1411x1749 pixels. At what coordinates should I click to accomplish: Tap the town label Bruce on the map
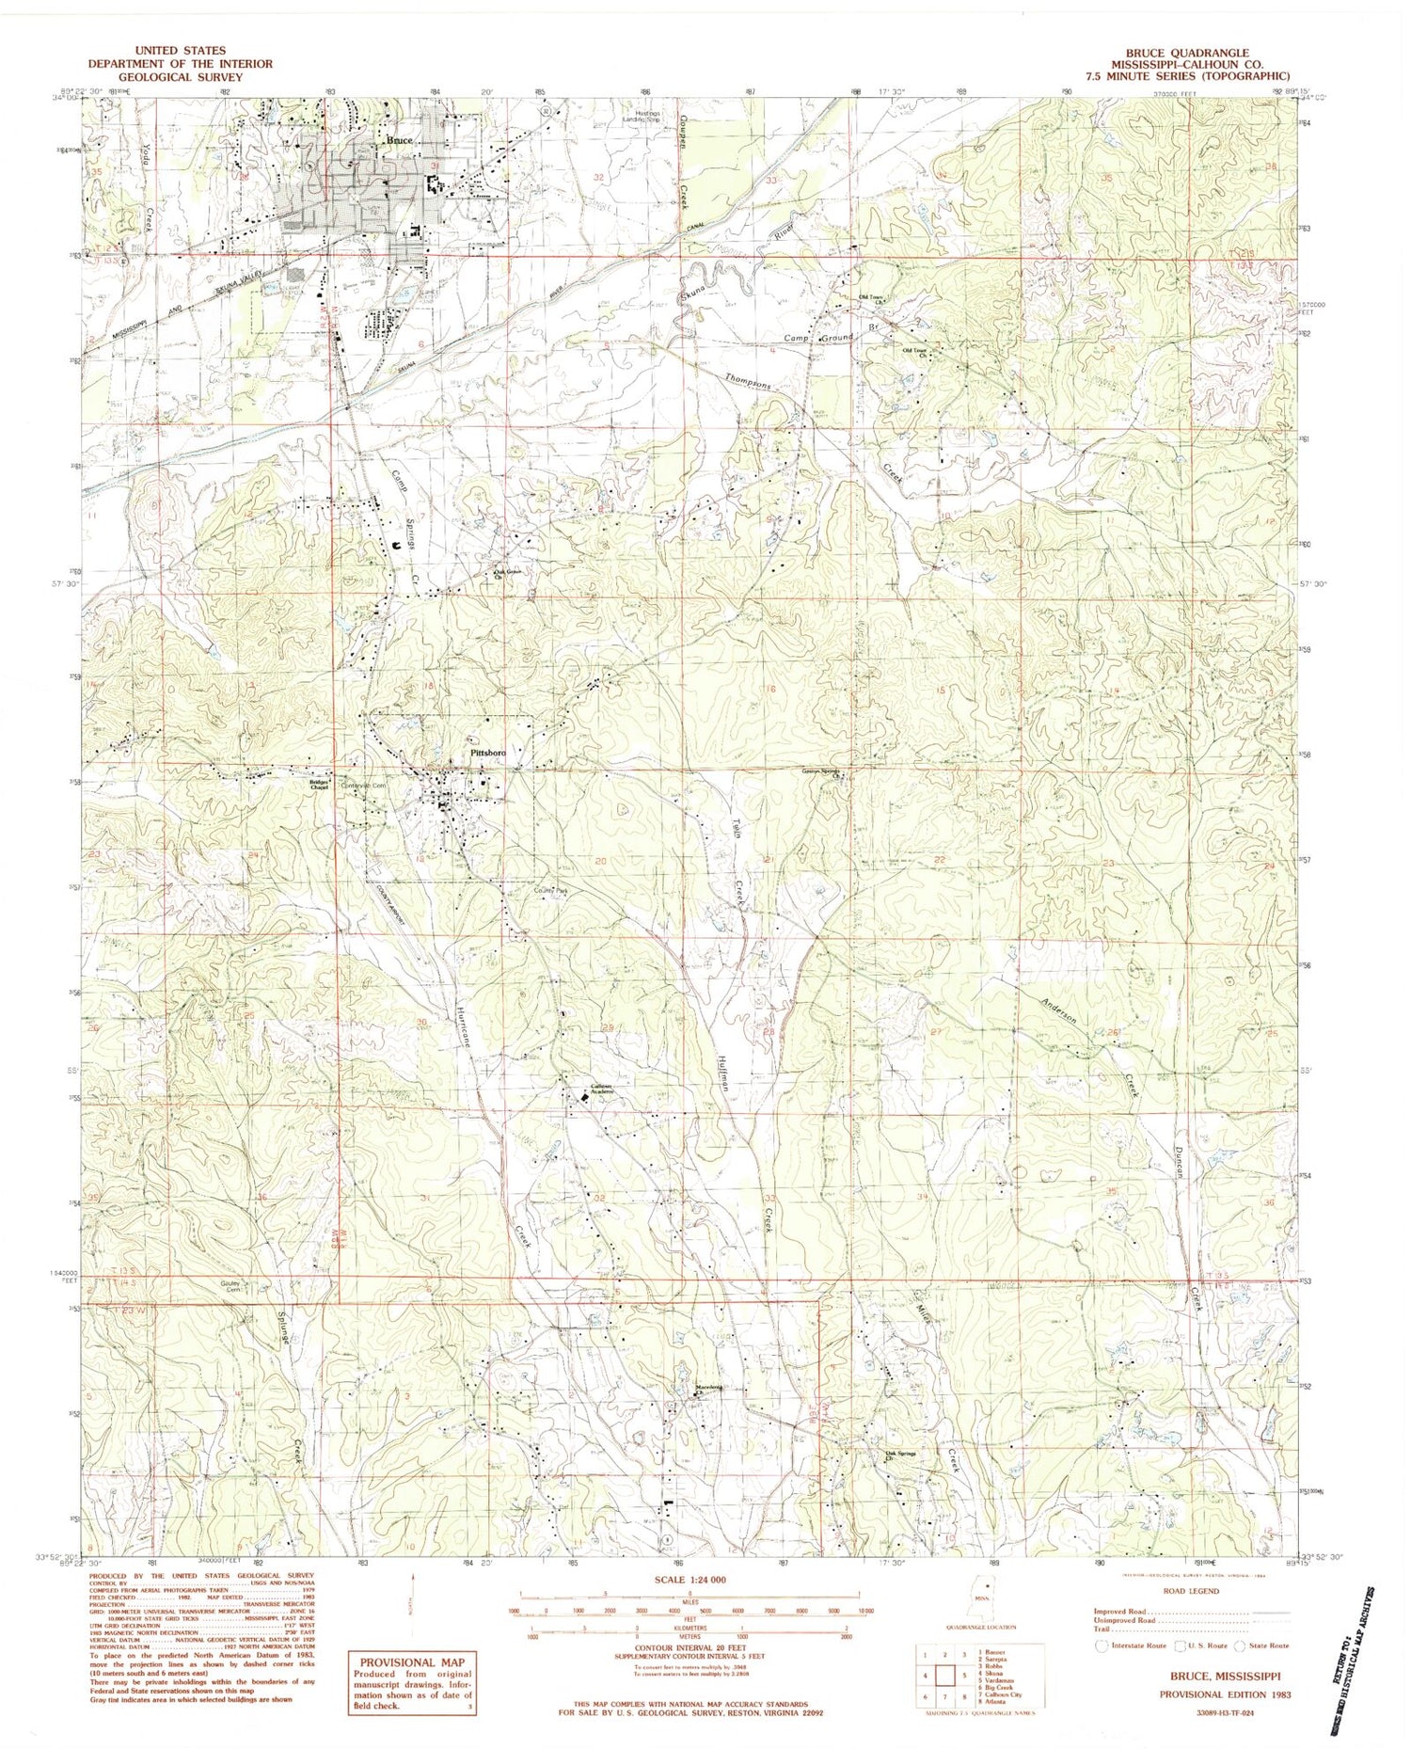coord(400,140)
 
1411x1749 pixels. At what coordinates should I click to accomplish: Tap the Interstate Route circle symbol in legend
coord(1102,1646)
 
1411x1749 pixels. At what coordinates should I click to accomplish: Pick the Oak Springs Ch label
coord(900,1456)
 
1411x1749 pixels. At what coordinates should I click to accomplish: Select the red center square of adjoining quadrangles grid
coord(945,1676)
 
